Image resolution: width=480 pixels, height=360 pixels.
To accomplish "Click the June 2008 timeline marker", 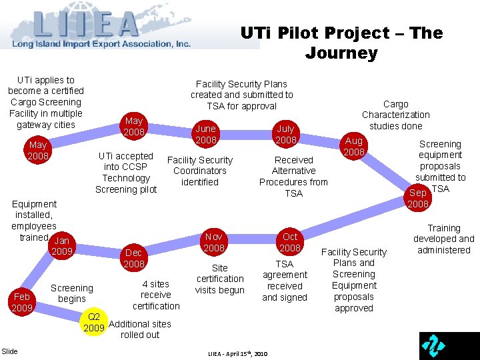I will [x=205, y=134].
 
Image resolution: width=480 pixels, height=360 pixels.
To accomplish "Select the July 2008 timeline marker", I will [x=285, y=134].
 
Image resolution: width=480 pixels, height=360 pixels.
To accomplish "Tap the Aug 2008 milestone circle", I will [x=353, y=147].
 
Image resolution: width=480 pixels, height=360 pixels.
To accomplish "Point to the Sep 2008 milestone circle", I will [x=418, y=198].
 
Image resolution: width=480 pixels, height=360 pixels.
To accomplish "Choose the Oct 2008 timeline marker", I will [x=290, y=242].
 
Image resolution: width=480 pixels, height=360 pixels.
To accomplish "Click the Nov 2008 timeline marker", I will [x=214, y=242].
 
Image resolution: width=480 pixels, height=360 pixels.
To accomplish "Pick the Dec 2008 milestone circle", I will [x=133, y=258].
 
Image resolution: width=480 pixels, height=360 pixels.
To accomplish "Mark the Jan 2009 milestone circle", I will [x=62, y=246].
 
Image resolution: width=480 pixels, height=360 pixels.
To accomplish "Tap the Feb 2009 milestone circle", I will [x=22, y=302].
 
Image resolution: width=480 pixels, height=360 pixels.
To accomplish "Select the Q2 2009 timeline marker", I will [x=94, y=323].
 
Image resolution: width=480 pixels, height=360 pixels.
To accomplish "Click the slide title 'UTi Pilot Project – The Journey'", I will [x=341, y=43].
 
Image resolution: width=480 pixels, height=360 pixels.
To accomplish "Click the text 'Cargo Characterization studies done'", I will [x=395, y=115].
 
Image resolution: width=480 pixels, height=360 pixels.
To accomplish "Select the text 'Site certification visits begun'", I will [x=220, y=279].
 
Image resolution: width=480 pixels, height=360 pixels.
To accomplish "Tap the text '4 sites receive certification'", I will [x=156, y=295].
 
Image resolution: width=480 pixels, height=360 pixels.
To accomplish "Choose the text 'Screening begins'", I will [x=72, y=293].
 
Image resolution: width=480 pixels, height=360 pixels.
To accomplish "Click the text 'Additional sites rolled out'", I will [x=140, y=329].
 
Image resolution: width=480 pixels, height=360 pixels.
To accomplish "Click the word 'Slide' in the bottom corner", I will [x=10, y=351].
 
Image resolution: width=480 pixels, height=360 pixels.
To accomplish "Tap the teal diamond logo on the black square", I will [x=435, y=345].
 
